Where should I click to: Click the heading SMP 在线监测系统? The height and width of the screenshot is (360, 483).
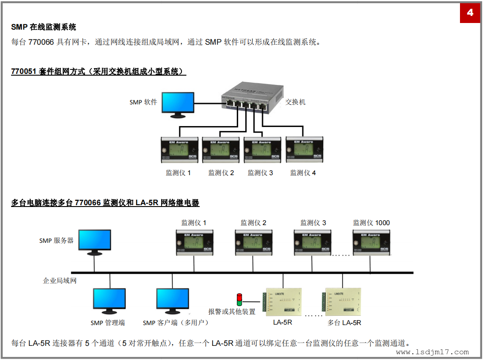tap(44, 27)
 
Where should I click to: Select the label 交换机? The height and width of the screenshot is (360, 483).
tap(295, 102)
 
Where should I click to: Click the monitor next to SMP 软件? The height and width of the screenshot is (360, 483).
tap(178, 104)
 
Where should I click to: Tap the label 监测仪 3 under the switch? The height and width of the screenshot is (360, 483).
tap(260, 173)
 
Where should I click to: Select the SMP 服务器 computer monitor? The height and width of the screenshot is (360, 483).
tap(94, 242)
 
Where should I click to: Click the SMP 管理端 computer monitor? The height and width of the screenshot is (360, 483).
tap(109, 300)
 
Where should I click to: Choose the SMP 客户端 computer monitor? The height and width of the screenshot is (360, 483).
tap(173, 300)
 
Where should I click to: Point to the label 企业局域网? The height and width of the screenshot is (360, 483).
tap(60, 280)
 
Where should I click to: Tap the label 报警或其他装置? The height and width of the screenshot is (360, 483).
tap(232, 311)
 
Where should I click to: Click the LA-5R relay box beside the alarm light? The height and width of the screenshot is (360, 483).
tap(283, 302)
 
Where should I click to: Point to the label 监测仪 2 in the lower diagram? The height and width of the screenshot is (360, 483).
tap(254, 223)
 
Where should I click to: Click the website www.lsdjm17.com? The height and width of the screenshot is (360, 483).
tap(432, 352)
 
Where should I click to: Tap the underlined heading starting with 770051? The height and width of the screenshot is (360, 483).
tap(98, 71)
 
